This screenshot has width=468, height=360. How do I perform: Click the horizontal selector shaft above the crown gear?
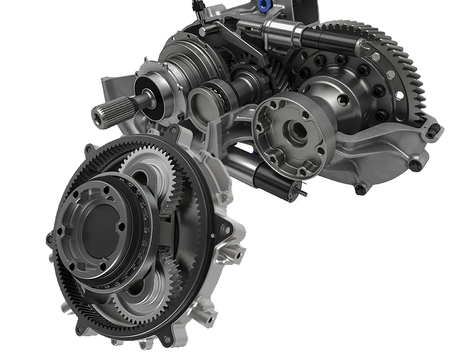pos(312,37)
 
